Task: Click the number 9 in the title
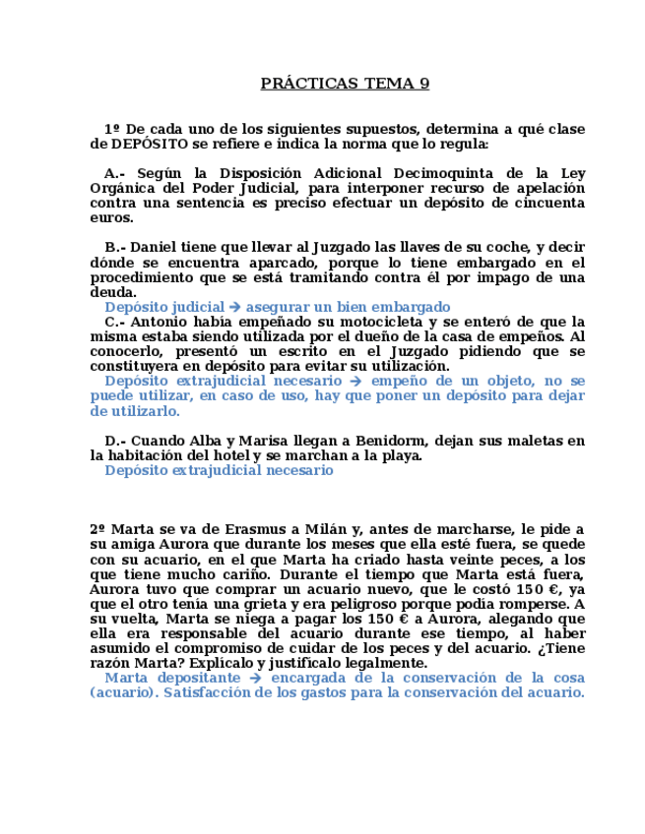coord(424,84)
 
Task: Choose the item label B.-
coord(115,247)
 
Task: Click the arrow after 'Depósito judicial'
coord(236,307)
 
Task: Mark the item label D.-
coord(115,441)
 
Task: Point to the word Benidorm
coord(391,441)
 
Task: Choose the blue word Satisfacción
coord(214,692)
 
